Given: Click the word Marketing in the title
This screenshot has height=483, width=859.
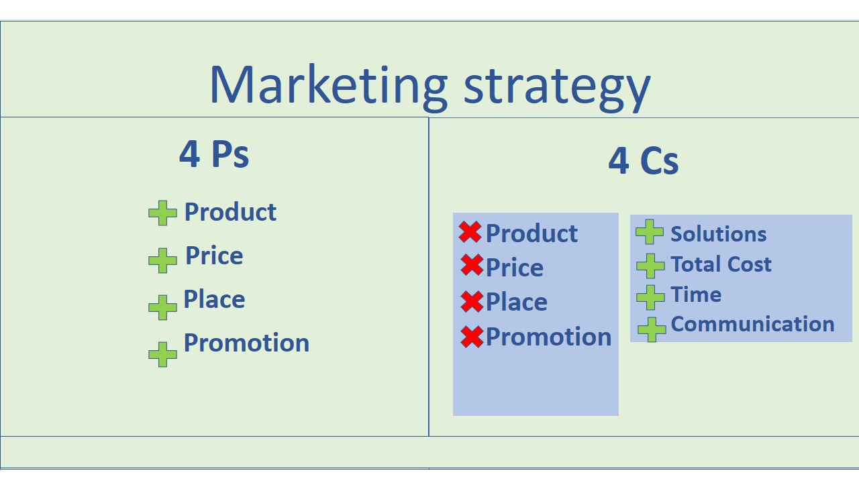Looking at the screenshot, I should (327, 85).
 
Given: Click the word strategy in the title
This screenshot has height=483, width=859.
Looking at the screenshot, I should (557, 87).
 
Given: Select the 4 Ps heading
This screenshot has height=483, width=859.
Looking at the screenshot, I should (214, 154).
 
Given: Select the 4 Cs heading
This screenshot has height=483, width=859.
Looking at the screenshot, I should (643, 161).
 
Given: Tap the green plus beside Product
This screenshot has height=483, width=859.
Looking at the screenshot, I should (162, 213).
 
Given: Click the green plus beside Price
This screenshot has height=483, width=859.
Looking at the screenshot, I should (162, 260).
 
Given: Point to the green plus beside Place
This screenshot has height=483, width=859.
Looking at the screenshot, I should (162, 307).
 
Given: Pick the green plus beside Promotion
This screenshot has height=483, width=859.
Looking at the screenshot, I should (162, 354).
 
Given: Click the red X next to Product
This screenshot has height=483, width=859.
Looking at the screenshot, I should (470, 232).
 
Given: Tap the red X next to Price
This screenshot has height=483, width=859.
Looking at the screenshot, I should (472, 266).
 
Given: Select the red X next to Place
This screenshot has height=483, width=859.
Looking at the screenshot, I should (472, 301).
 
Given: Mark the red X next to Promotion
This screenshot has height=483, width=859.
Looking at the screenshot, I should (472, 336).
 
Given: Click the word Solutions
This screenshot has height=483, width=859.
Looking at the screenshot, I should (718, 234).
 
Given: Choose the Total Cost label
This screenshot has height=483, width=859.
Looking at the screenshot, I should (721, 264).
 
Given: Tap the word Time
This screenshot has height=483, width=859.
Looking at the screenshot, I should (696, 294).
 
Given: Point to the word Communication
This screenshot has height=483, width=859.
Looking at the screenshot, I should (752, 324).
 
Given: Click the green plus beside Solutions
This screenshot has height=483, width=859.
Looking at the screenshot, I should (649, 232).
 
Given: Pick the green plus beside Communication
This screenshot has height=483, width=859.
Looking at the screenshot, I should (651, 329).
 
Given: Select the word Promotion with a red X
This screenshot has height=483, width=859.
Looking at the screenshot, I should (548, 337).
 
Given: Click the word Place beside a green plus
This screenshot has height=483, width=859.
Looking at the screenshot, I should (214, 300).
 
